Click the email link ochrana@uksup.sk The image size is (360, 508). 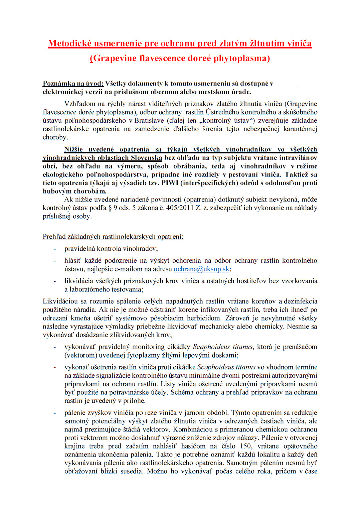point(201,269)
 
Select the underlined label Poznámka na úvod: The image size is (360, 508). point(73,84)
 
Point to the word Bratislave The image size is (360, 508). point(149,120)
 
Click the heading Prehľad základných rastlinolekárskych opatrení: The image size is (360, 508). point(113,237)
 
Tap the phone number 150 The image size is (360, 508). point(246,446)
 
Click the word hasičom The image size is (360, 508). point(193,446)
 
